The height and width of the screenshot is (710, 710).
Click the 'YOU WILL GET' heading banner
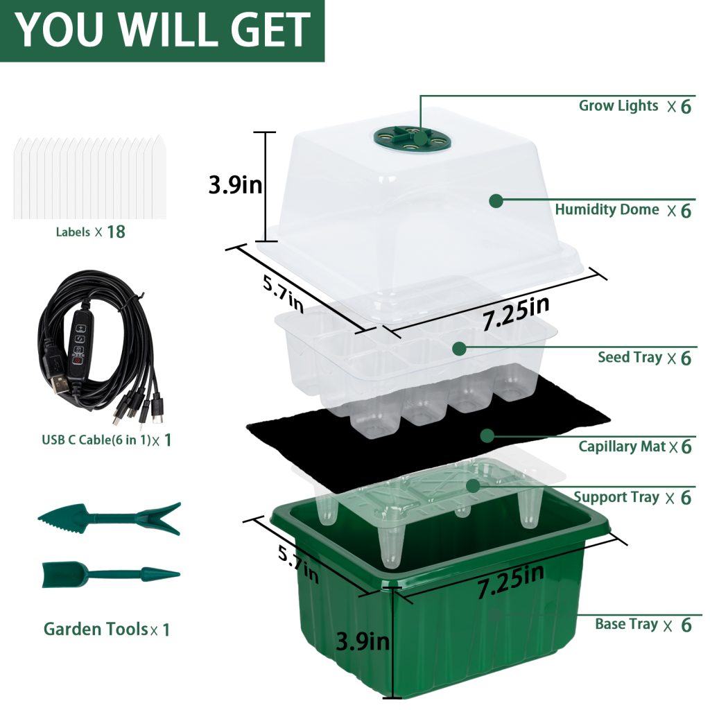[x=162, y=31]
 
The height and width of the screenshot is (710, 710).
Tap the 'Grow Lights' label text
[x=618, y=106]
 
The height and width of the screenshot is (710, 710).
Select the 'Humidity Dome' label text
[x=607, y=209]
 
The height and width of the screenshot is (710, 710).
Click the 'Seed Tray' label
[x=630, y=358]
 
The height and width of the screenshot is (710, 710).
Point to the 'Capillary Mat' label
[x=622, y=447]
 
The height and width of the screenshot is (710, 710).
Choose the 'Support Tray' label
[x=616, y=497]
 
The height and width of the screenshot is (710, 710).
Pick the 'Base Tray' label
[x=626, y=624]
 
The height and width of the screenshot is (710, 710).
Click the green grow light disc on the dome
[x=412, y=136]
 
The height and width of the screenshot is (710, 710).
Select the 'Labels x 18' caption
[x=90, y=232]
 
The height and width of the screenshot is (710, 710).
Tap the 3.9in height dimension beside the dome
[x=235, y=185]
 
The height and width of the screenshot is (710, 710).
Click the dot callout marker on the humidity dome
[x=496, y=201]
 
